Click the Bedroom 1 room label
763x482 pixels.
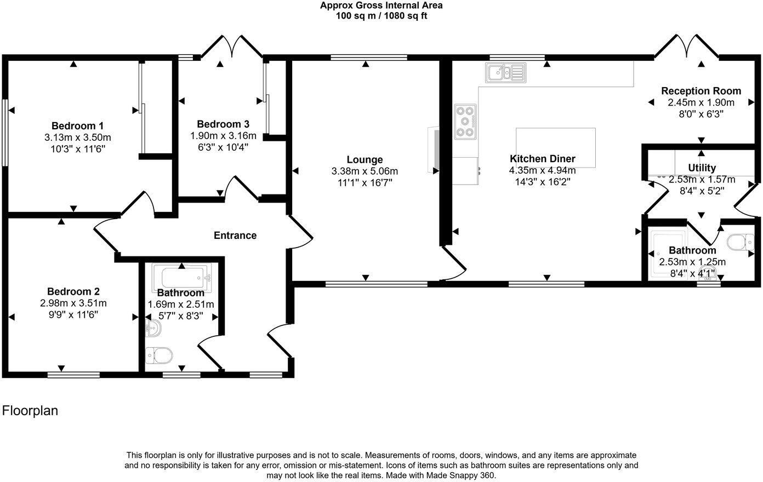(x=77, y=125)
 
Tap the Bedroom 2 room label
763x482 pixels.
(x=73, y=291)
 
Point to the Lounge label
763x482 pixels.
(x=365, y=160)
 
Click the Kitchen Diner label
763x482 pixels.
(x=542, y=159)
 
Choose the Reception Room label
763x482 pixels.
(x=701, y=91)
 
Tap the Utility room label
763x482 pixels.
(x=702, y=168)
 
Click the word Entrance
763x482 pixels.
(x=235, y=236)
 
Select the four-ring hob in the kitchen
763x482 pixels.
(x=465, y=122)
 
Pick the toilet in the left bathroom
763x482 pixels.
(x=159, y=356)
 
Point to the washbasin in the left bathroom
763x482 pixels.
(x=153, y=329)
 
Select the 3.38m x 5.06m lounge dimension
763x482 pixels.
(x=365, y=171)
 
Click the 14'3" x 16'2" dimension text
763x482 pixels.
(x=542, y=181)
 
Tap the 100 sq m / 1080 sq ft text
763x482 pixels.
(x=381, y=16)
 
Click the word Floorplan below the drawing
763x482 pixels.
(x=30, y=411)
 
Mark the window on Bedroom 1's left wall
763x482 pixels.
(x=4, y=132)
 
